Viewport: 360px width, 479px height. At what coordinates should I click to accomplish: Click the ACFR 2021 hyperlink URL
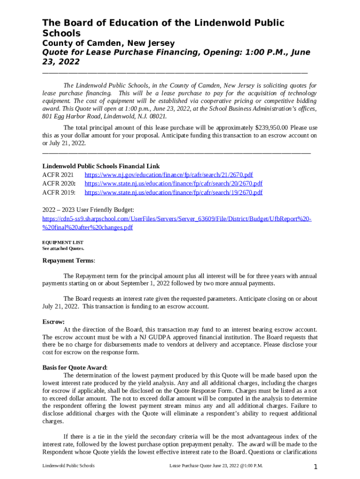(169, 175)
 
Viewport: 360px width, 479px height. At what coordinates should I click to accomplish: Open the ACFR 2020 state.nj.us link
(173, 183)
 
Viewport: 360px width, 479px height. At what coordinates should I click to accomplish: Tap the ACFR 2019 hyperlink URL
(173, 192)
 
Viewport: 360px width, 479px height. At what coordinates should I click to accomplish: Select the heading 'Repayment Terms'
(68, 261)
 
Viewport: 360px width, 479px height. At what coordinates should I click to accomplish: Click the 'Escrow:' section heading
(53, 322)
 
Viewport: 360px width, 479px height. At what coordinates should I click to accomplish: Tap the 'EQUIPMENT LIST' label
(63, 242)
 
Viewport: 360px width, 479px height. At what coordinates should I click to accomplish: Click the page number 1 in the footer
(316, 467)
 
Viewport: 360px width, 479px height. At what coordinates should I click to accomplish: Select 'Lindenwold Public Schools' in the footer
(68, 466)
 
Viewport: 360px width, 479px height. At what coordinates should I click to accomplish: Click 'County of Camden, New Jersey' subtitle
(108, 43)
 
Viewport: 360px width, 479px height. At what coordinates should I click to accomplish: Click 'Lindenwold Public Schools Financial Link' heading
(101, 166)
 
